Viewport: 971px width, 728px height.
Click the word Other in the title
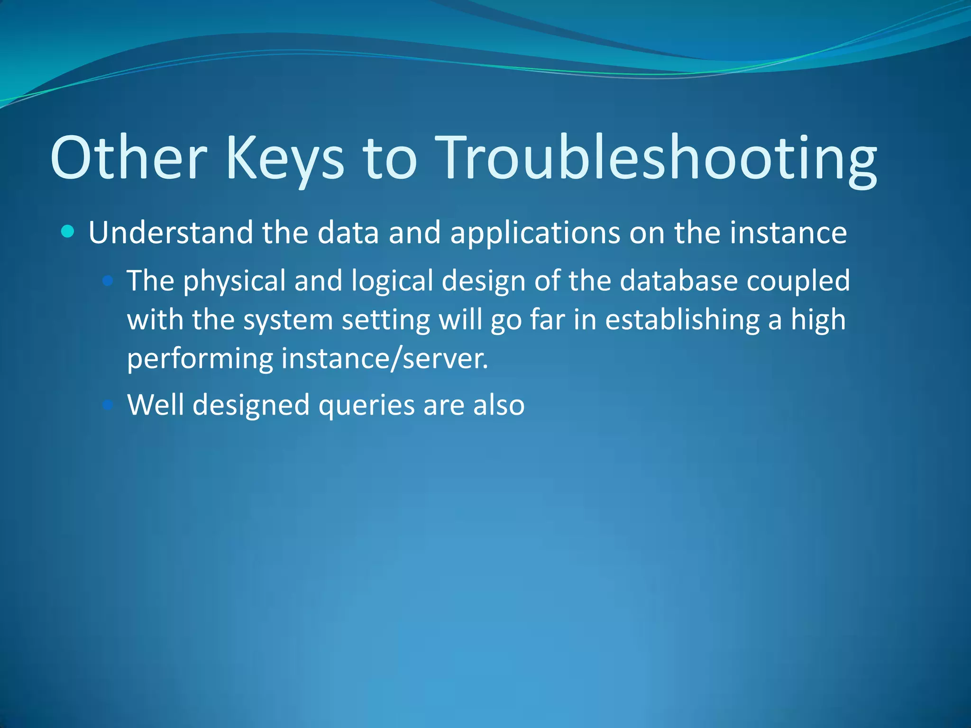[128, 158]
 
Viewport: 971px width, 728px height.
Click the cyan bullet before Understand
[68, 232]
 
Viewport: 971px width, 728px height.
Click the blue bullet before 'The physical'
[108, 281]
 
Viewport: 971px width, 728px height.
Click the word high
[818, 320]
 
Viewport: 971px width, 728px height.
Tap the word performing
[200, 359]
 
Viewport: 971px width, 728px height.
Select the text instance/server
[385, 359]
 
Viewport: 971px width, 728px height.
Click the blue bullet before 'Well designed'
[108, 405]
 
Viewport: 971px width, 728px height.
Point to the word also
[499, 405]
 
